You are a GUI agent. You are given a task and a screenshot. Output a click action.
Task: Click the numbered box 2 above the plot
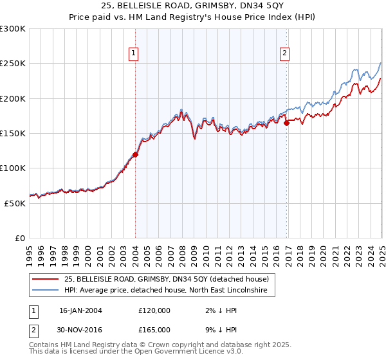[x=284, y=54]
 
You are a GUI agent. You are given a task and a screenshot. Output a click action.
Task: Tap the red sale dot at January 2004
[x=136, y=154]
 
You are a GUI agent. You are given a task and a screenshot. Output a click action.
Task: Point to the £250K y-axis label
[x=12, y=64]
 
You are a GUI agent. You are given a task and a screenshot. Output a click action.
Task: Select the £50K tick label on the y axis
[x=15, y=203]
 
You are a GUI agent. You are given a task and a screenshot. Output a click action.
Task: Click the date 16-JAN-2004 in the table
[x=80, y=310]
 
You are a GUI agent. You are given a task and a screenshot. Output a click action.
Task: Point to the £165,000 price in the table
[x=154, y=328]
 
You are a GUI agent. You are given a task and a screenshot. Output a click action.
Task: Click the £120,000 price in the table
[x=154, y=310]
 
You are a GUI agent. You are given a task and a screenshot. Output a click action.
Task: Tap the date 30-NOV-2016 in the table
[x=80, y=328]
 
